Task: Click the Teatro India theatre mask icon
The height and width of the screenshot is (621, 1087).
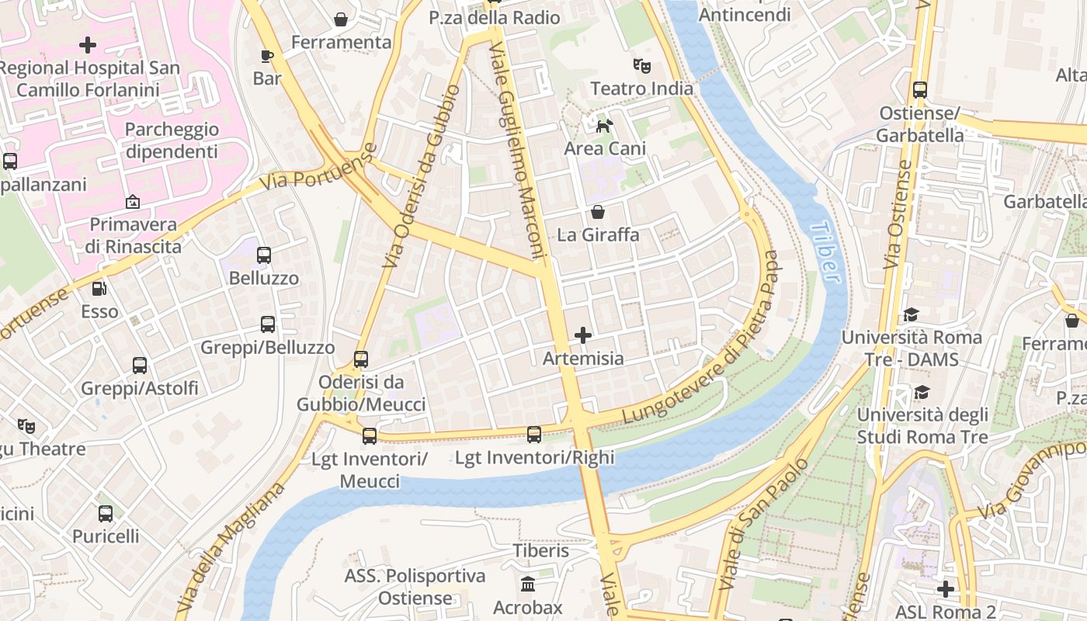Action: coord(641,65)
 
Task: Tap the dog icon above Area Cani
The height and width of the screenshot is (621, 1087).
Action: coord(604,125)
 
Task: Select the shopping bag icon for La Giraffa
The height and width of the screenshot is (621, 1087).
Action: coord(598,212)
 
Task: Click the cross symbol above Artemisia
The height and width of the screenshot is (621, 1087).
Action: coord(582,335)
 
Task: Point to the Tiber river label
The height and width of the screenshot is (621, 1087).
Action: coord(825,253)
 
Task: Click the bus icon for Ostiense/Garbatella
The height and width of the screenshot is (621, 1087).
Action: coord(920,90)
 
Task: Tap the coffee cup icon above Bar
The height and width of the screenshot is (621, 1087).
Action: coord(267,56)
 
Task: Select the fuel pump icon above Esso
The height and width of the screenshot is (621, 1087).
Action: coord(99,289)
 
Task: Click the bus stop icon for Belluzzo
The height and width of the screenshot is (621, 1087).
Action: coord(264,255)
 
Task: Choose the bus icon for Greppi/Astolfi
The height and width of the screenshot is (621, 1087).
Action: coord(140,366)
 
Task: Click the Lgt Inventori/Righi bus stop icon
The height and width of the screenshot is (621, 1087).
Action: coord(534,435)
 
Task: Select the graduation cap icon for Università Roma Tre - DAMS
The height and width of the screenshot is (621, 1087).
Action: coord(911,314)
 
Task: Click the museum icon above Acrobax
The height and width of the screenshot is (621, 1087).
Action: coord(528,584)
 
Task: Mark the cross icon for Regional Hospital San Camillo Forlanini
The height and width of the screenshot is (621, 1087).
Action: coord(89,45)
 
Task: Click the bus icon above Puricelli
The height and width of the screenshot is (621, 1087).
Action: coord(106,514)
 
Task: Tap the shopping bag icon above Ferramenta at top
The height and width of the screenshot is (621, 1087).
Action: coord(340,19)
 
